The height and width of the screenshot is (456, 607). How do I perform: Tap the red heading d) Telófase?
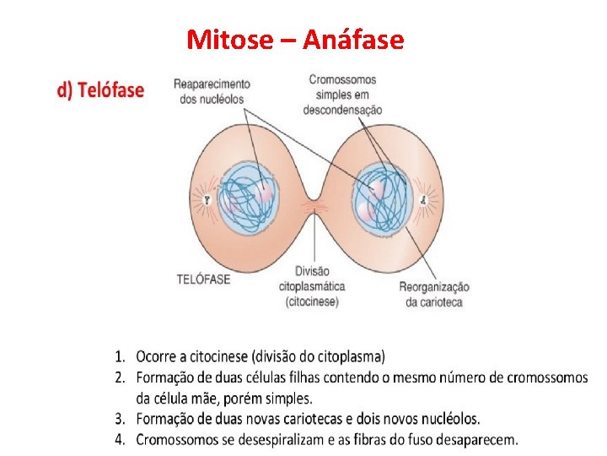(100, 90)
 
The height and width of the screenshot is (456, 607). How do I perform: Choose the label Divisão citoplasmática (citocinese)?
(312, 287)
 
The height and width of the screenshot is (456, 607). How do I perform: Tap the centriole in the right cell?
(424, 200)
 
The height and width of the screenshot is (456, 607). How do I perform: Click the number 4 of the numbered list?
(121, 439)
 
